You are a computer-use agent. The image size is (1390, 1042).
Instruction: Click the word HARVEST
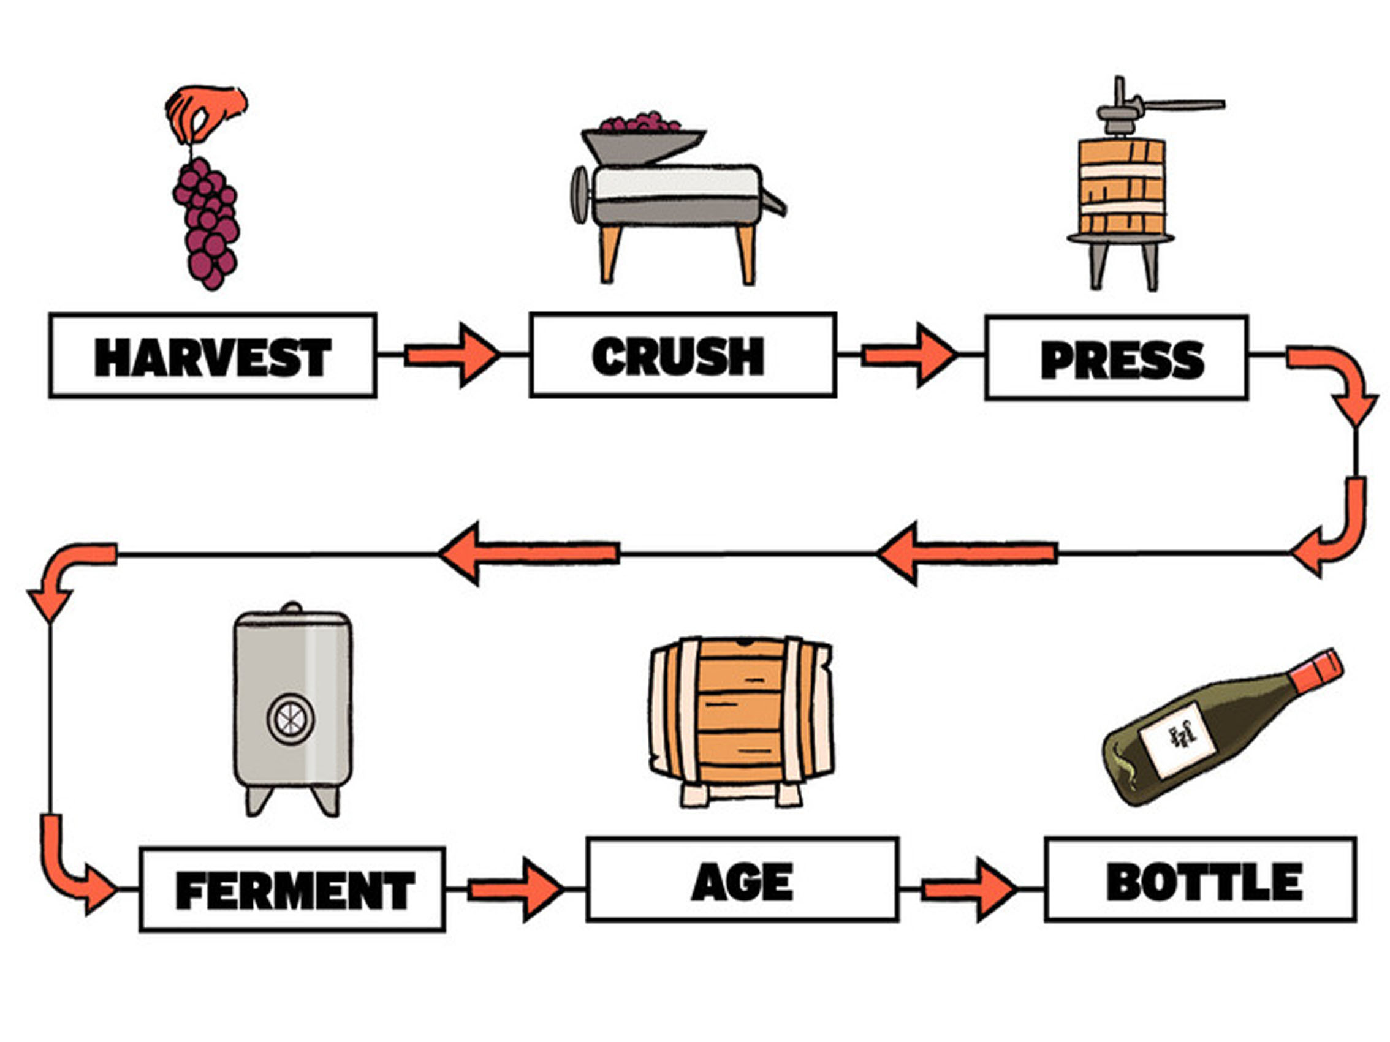pyautogui.click(x=213, y=357)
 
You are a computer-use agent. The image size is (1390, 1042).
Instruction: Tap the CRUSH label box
pyautogui.click(x=682, y=355)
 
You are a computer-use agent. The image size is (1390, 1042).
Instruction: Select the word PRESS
pyautogui.click(x=1122, y=359)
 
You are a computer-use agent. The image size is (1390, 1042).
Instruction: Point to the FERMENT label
pyautogui.click(x=294, y=890)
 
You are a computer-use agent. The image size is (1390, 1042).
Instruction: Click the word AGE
pyautogui.click(x=742, y=882)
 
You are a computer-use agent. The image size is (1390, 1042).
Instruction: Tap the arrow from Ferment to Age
pyautogui.click(x=515, y=889)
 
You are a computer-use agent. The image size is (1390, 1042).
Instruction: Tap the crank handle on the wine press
pyautogui.click(x=1175, y=105)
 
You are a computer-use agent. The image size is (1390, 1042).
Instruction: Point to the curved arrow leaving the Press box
pyautogui.click(x=1339, y=383)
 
